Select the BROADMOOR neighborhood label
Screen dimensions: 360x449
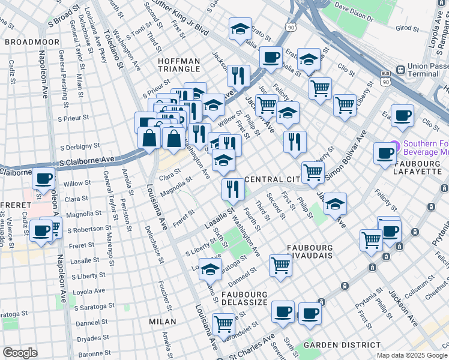[32, 42]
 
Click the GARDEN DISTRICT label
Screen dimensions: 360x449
[342, 345]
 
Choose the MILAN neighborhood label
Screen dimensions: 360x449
[163, 322]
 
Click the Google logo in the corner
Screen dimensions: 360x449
[20, 352]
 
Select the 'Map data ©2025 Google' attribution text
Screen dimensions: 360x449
[411, 355]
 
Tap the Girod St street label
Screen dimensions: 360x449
[406, 28]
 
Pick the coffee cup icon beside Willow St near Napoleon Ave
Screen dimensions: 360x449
[43, 178]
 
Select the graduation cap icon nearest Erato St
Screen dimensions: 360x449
[240, 29]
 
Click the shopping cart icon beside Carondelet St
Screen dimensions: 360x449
[223, 324]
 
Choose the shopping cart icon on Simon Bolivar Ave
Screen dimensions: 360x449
[312, 172]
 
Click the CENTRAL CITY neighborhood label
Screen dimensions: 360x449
[272, 180]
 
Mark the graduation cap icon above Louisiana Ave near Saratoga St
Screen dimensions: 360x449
[210, 270]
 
